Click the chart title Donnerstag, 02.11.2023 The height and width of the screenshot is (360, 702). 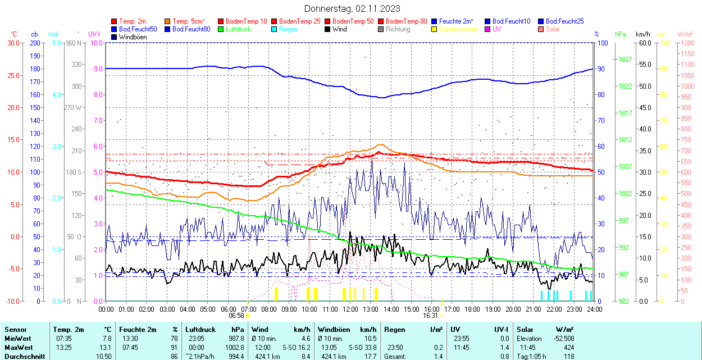pos(352,8)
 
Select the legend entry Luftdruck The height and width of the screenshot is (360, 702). pos(238,29)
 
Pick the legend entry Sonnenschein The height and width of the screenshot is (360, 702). pos(458,29)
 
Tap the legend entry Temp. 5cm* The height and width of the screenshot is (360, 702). pos(189,21)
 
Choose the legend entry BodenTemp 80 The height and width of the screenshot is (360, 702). pos(407,21)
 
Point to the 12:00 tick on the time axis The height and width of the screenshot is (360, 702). pos(350,309)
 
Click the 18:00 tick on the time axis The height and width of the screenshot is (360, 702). pos(472,309)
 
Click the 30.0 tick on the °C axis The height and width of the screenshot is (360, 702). pos(11,43)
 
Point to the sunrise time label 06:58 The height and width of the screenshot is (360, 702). pos(236,316)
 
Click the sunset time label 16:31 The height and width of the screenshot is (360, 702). pos(431,316)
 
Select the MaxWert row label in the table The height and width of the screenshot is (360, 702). pos(17,348)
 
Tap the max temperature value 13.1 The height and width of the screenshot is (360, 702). pos(106,348)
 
